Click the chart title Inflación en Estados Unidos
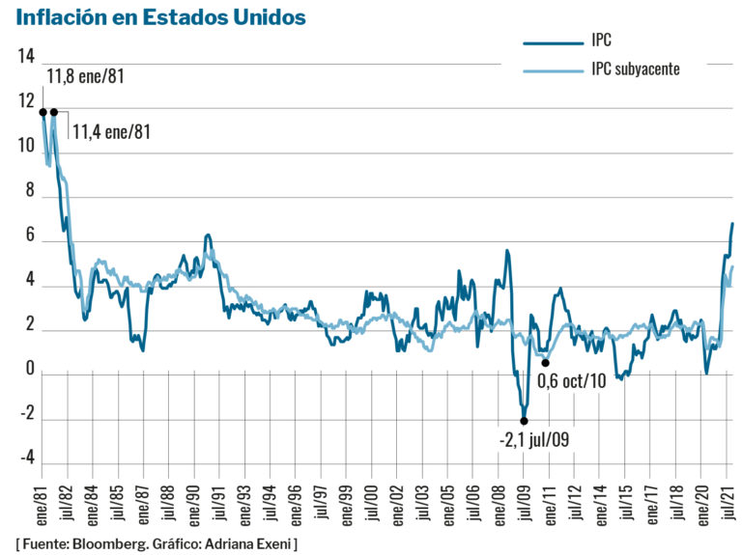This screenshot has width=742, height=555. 161,17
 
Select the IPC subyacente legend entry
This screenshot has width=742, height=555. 636,69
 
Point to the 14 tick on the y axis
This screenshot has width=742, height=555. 26,56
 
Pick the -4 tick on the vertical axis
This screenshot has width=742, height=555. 26,456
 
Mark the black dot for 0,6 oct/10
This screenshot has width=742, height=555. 546,363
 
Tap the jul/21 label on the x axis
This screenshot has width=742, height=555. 728,503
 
